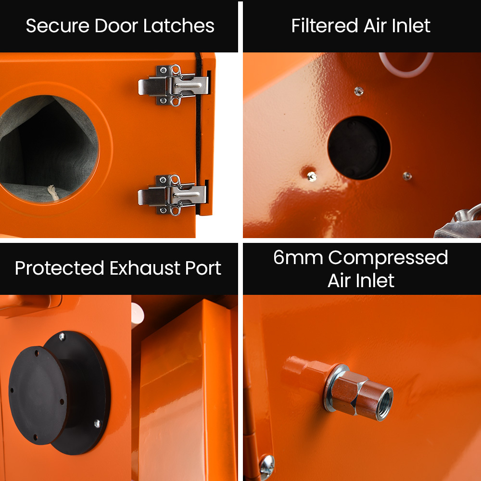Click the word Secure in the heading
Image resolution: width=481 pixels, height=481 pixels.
click(x=58, y=26)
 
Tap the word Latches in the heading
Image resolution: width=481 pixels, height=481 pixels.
click(x=179, y=26)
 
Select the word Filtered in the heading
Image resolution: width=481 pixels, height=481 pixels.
click(x=325, y=25)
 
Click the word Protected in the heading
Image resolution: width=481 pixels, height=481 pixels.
click(x=60, y=268)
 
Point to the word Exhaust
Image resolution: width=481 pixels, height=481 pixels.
click(x=145, y=268)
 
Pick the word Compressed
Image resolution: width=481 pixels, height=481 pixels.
click(x=388, y=258)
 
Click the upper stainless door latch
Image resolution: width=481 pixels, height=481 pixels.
click(x=173, y=85)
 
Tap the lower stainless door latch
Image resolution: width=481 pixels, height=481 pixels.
click(x=172, y=195)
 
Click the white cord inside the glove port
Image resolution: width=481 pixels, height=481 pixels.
click(x=53, y=193)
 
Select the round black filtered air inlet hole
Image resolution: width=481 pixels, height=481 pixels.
click(x=359, y=148)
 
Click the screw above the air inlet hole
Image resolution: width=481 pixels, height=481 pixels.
click(x=359, y=91)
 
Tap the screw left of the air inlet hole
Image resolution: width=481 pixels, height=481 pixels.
click(x=312, y=177)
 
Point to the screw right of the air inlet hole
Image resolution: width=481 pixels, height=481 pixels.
click(x=407, y=176)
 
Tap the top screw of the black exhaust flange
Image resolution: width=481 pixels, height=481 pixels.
click(x=62, y=337)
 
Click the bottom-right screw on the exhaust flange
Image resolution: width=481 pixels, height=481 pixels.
click(x=97, y=423)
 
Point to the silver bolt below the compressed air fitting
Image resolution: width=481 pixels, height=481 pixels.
click(x=267, y=467)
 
